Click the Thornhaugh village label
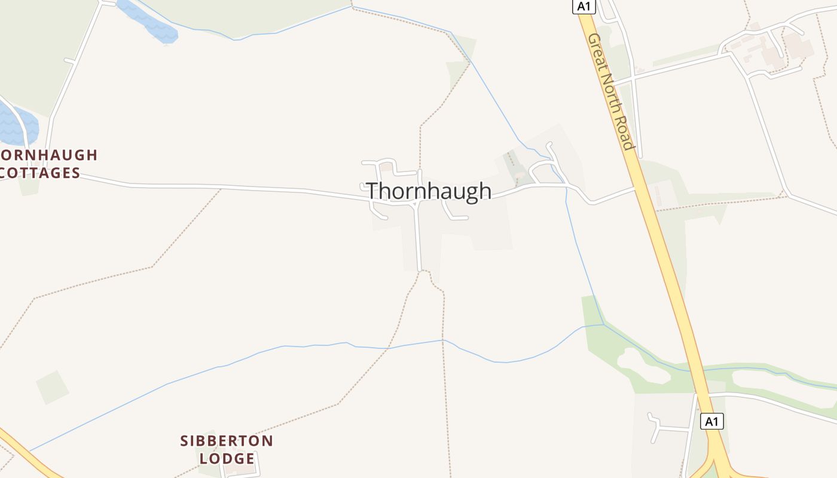[429, 191]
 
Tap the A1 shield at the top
[584, 6]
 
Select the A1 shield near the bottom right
[711, 421]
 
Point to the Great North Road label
[610, 91]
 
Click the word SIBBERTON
[227, 441]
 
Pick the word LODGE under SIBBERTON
[227, 459]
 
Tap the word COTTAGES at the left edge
[39, 173]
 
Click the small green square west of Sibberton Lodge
[52, 387]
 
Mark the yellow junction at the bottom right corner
[714, 466]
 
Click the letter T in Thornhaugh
[373, 191]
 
